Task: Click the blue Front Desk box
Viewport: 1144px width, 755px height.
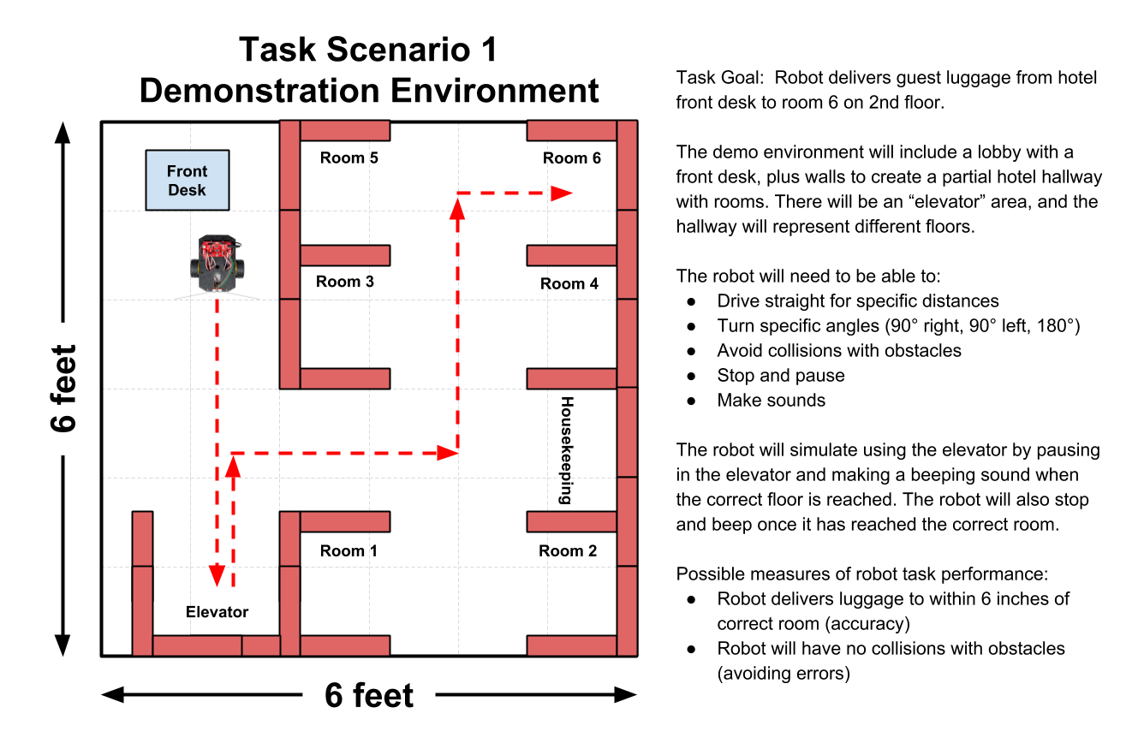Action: click(x=188, y=181)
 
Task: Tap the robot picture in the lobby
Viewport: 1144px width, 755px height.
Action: click(x=217, y=264)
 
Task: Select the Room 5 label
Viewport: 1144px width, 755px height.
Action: click(x=349, y=158)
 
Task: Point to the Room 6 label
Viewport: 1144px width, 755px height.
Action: click(x=572, y=158)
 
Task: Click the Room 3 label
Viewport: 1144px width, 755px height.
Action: click(x=345, y=281)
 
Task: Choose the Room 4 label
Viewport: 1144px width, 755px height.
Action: click(x=569, y=283)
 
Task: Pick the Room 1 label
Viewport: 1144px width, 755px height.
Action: click(x=349, y=550)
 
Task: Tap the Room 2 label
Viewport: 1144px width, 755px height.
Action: click(x=568, y=550)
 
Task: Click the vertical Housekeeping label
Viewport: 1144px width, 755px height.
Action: click(x=566, y=450)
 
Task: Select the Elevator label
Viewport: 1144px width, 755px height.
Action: click(x=217, y=612)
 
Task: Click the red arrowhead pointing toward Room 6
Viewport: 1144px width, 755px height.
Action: click(x=562, y=193)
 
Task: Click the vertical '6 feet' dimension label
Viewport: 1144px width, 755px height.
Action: click(x=63, y=388)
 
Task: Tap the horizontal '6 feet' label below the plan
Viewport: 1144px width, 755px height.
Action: click(x=369, y=695)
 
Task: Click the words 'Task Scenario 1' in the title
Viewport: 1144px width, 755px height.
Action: click(x=368, y=51)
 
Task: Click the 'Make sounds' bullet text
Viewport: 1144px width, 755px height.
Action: click(x=771, y=400)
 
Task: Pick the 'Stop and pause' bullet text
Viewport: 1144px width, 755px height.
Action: click(x=781, y=375)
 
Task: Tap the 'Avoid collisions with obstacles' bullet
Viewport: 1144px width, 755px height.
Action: click(x=839, y=350)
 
